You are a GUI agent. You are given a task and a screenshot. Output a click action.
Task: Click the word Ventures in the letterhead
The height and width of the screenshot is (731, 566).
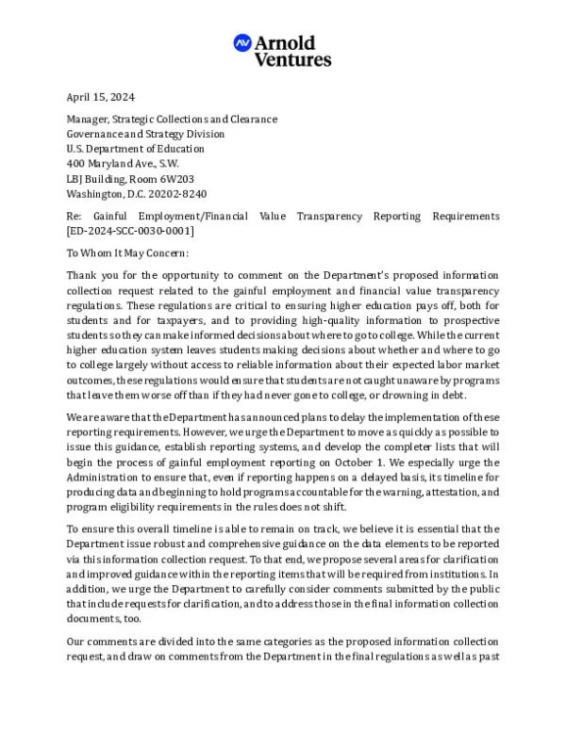292,59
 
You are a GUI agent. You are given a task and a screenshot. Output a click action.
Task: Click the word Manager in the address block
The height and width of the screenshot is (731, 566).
88,120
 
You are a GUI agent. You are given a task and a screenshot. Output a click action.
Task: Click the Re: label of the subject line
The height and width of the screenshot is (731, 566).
74,217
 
